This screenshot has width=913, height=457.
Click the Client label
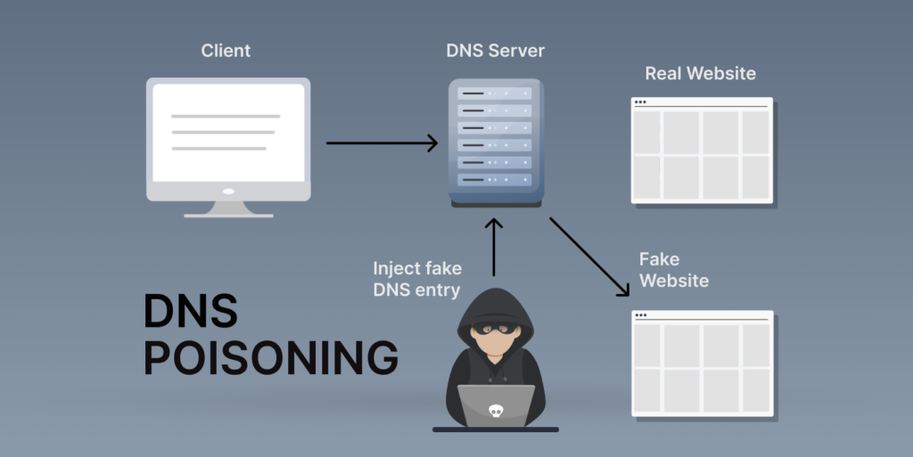pyautogui.click(x=226, y=51)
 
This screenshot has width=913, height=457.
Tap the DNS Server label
pyautogui.click(x=496, y=51)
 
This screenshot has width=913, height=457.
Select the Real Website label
pyautogui.click(x=700, y=73)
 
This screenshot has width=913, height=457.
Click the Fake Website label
pyautogui.click(x=673, y=270)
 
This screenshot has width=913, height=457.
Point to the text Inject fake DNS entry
pyautogui.click(x=417, y=279)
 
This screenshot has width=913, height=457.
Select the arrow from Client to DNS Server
pyautogui.click(x=382, y=143)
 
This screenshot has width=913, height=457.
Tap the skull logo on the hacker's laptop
pyautogui.click(x=495, y=411)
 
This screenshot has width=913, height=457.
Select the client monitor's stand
pyautogui.click(x=228, y=208)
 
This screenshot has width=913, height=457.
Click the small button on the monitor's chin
pyautogui.click(x=228, y=191)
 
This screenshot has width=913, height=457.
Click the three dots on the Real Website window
pyautogui.click(x=640, y=102)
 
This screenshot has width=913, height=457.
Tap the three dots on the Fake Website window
pyautogui.click(x=640, y=315)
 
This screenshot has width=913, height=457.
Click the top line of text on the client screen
pyautogui.click(x=226, y=116)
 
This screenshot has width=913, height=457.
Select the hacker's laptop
pyautogui.click(x=495, y=406)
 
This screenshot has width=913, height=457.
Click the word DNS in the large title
pyautogui.click(x=191, y=312)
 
